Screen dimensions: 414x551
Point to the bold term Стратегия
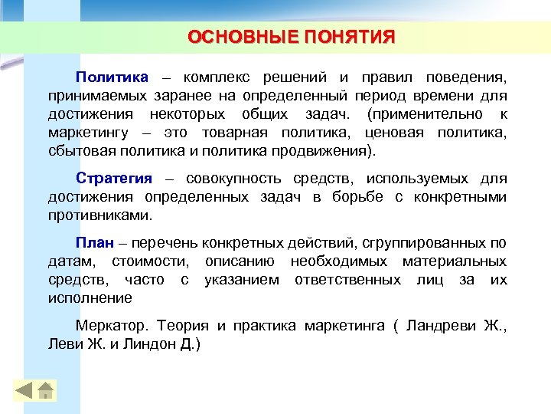(114, 179)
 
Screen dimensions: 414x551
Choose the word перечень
(165, 243)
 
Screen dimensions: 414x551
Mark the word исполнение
(90, 298)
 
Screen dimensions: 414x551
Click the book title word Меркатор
(109, 326)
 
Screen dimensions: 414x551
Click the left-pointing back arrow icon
(25, 389)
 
